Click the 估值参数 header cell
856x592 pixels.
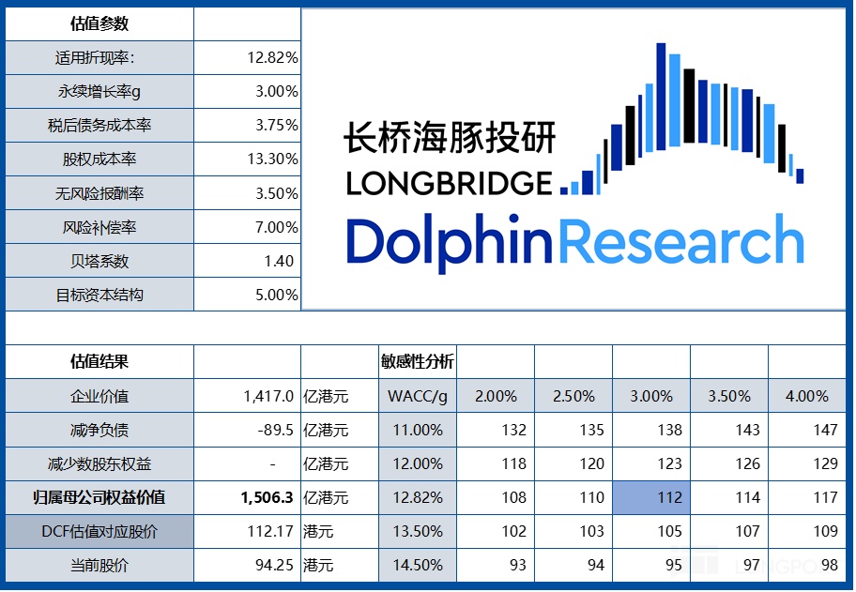[99, 23]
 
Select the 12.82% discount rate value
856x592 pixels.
[272, 57]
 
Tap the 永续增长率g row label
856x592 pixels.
[99, 91]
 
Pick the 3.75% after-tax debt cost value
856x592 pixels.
[276, 125]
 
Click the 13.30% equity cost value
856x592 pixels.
[272, 159]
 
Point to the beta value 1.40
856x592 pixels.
[279, 261]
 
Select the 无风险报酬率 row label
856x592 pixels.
[99, 193]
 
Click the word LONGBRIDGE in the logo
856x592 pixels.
[449, 183]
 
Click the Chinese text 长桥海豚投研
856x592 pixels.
[449, 138]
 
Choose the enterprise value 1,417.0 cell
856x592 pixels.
[268, 396]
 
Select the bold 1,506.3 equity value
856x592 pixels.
[268, 497]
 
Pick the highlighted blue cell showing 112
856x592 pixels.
[669, 497]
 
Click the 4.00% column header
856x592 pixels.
[806, 396]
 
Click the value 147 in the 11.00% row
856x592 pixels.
[825, 430]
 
